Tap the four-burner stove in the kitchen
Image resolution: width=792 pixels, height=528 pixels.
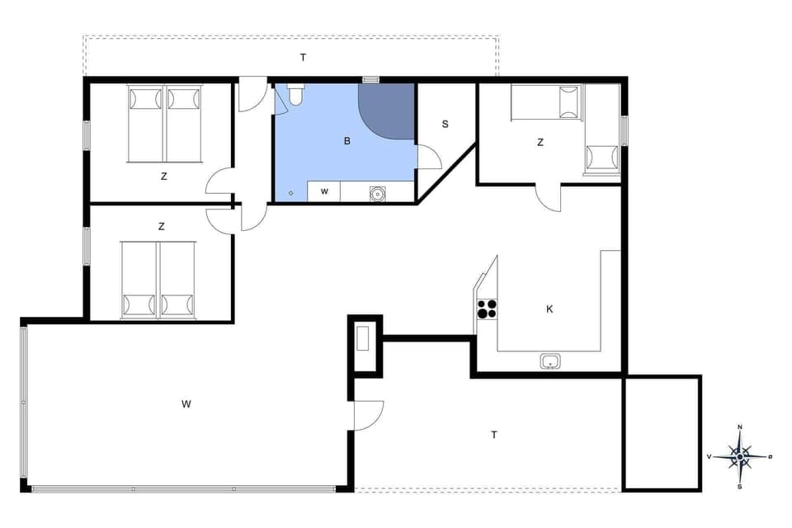tap(487, 309)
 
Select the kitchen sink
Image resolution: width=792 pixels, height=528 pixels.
tap(550, 361)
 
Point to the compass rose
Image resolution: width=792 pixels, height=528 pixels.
tap(740, 455)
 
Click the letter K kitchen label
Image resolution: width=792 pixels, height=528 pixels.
tap(549, 309)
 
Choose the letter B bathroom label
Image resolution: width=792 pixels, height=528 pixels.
tap(347, 141)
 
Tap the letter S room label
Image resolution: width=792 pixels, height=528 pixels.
tap(445, 125)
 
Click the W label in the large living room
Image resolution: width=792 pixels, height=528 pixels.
tap(186, 403)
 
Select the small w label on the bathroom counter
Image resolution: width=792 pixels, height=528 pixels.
tap(324, 191)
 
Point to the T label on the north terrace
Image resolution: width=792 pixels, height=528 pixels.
tap(303, 57)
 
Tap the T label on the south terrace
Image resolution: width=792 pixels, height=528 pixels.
tap(494, 435)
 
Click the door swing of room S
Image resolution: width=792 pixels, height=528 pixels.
tap(429, 157)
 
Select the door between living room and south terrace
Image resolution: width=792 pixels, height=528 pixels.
tap(369, 414)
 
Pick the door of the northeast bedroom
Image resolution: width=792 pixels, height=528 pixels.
tap(549, 197)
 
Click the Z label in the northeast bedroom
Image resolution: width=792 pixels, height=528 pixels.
tap(540, 143)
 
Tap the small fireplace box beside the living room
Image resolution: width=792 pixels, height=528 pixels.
tap(364, 340)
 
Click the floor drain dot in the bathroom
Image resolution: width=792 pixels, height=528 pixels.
tap(290, 194)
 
